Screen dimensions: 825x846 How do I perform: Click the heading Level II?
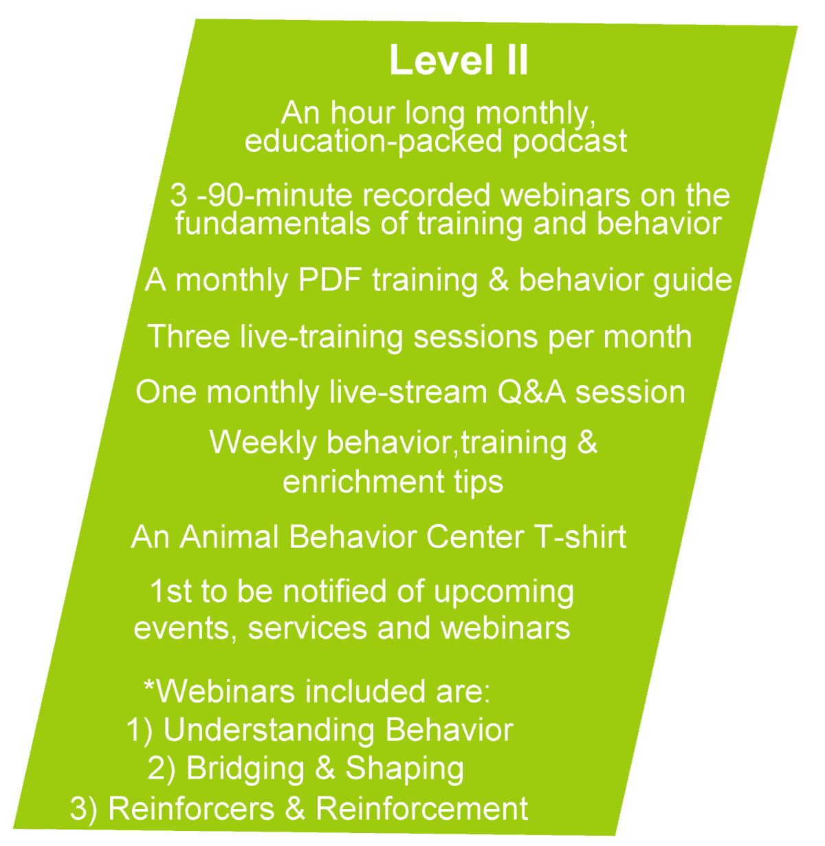click(x=459, y=60)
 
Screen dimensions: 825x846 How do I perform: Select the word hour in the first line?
click(x=362, y=113)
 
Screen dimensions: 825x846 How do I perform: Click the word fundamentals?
click(x=272, y=224)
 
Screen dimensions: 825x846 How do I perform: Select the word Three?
click(x=188, y=336)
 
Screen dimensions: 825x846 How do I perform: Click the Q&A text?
click(x=531, y=392)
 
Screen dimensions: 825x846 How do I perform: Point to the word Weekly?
click(x=263, y=444)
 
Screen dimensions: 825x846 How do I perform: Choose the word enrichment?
click(x=363, y=481)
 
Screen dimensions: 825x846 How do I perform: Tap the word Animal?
click(x=229, y=536)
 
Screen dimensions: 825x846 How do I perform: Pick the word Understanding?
click(x=269, y=731)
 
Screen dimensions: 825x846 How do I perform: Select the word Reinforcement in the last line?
click(x=422, y=809)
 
